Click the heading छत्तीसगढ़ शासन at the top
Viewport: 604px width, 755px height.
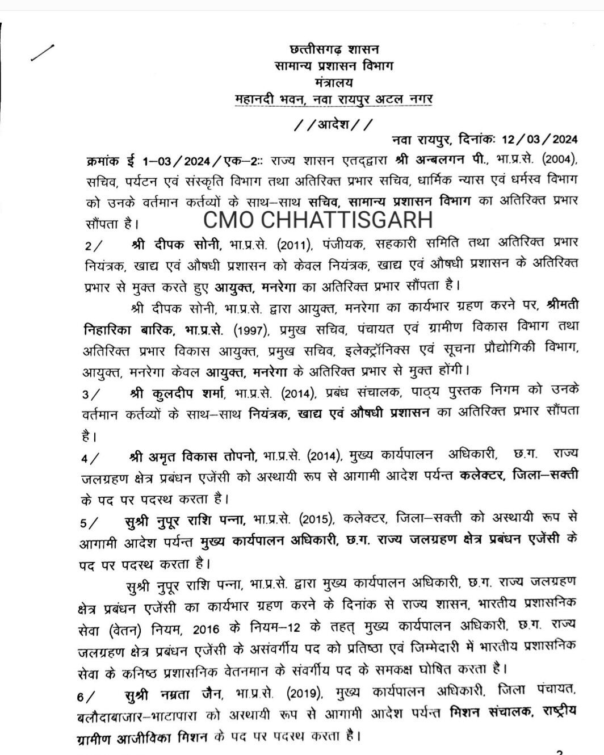334,49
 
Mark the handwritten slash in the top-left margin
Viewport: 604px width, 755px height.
42,53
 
